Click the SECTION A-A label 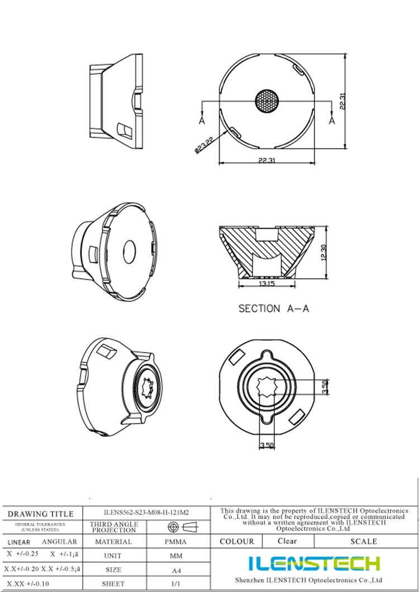[x=273, y=309]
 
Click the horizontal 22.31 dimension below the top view [x=266, y=161]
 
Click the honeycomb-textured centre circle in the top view [x=267, y=101]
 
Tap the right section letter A [x=332, y=119]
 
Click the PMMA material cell [x=175, y=542]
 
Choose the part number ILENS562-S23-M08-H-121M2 [x=146, y=512]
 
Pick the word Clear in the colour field [x=287, y=541]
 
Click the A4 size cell [x=175, y=570]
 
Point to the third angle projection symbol [x=183, y=527]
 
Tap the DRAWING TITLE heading [x=40, y=514]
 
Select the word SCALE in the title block [x=363, y=541]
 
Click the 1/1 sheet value [x=175, y=584]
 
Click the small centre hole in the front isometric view [x=130, y=251]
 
